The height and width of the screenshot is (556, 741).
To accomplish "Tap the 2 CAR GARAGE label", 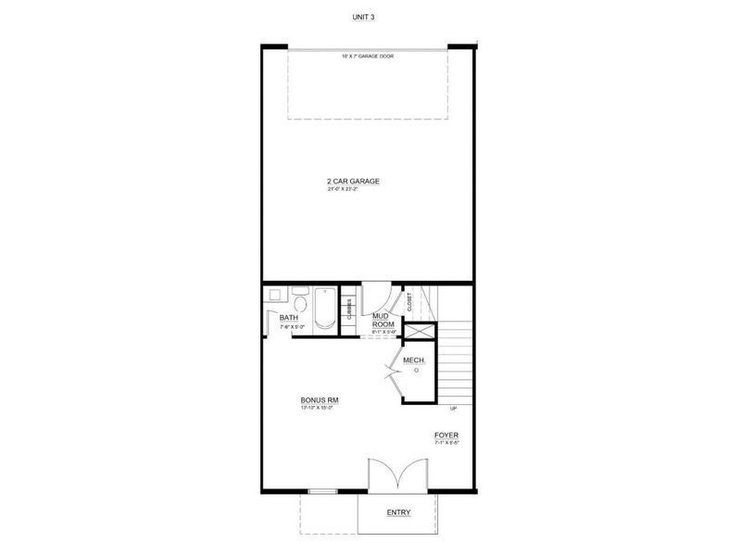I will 354,181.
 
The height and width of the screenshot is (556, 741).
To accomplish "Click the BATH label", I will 289,318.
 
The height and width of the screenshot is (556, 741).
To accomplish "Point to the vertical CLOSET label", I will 408,301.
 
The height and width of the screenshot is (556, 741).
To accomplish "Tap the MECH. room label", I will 414,360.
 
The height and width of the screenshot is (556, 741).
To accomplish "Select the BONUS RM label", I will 319,399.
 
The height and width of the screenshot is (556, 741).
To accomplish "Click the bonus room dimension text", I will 317,408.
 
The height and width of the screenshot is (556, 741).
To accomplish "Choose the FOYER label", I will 446,435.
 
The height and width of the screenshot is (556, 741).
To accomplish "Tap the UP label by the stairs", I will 453,408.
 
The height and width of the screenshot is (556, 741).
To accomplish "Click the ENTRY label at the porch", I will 398,512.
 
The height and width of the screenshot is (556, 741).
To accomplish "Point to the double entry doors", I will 397,474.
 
